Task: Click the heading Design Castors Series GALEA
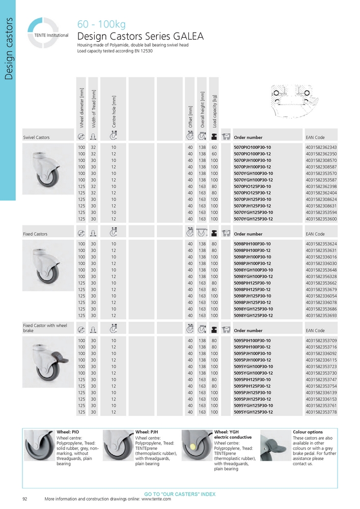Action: point(140,36)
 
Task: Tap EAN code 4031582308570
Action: point(321,160)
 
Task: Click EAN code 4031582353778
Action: point(321,412)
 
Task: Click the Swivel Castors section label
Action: point(37,137)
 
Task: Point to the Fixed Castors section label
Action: point(35,234)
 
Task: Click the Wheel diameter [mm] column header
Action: point(81,107)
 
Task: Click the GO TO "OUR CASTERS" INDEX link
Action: point(180,494)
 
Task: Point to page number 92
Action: point(25,499)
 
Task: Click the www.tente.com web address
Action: point(156,499)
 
